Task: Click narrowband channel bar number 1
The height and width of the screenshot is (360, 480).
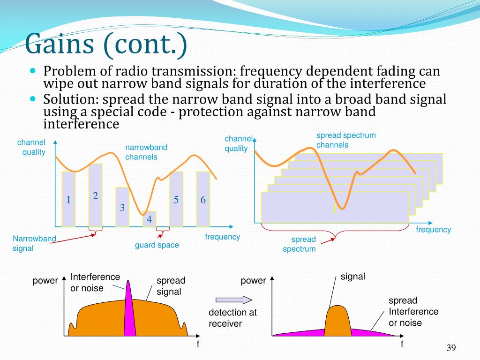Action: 68,199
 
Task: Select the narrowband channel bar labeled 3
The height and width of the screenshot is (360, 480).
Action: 122,207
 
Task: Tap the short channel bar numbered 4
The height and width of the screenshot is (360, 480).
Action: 149,219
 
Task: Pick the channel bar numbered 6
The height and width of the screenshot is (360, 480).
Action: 203,199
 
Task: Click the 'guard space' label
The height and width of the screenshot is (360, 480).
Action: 157,245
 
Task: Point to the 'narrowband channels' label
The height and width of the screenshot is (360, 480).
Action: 146,152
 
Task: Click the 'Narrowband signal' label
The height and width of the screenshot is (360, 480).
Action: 34,243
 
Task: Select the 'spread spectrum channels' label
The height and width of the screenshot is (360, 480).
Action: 346,140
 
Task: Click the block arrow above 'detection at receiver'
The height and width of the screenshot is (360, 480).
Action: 234,300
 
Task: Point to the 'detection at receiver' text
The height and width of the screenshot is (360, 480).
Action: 232,318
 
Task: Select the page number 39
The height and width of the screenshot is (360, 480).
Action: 451,347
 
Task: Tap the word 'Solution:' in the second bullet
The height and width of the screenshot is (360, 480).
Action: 71,99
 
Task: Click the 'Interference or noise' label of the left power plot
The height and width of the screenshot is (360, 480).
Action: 95,282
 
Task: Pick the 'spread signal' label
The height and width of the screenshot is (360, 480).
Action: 171,286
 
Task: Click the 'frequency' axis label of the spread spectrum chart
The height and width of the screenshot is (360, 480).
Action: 433,230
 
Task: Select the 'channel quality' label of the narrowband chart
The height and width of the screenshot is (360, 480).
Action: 31,147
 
